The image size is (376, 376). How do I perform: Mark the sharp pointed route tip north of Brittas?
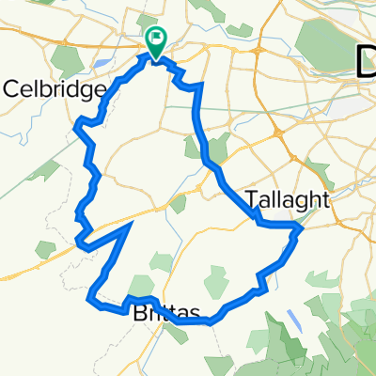[129, 225]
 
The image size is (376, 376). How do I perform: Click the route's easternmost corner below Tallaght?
[300, 227]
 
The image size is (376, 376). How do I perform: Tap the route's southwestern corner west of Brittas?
[90, 300]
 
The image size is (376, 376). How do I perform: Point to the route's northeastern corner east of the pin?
[200, 86]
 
